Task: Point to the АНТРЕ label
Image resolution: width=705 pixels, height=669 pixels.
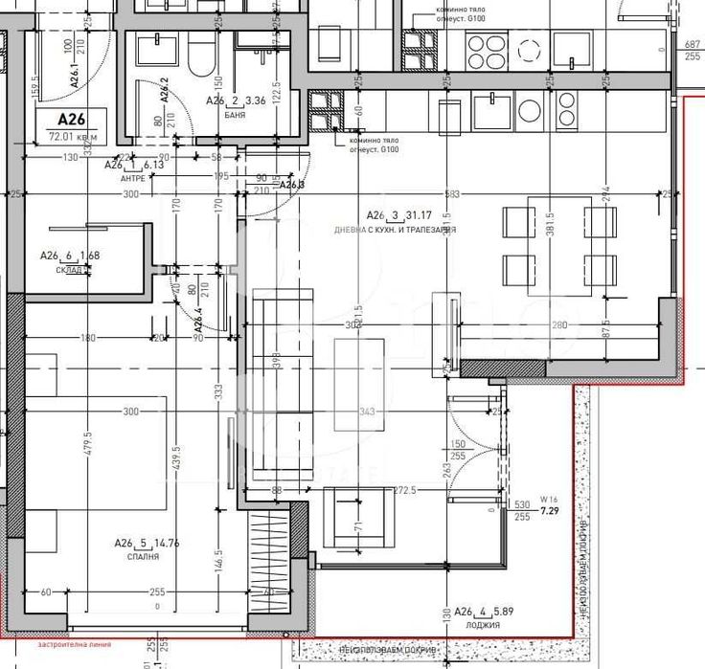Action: pyautogui.click(x=132, y=178)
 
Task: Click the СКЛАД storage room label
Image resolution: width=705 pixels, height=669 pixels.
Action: pyautogui.click(x=72, y=270)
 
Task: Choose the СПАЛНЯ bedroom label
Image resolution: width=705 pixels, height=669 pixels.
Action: pyautogui.click(x=140, y=555)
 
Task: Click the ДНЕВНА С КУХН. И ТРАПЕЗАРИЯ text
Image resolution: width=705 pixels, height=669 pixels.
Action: pyautogui.click(x=395, y=231)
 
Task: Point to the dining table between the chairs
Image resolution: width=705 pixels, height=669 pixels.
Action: pyautogui.click(x=558, y=244)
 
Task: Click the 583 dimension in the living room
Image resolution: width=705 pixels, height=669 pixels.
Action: pyautogui.click(x=453, y=194)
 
